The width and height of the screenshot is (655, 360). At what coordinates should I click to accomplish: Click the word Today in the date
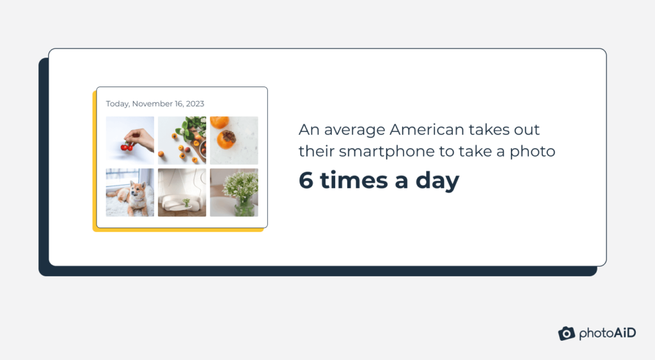117,104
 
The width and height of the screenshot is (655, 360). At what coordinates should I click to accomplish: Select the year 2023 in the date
195,104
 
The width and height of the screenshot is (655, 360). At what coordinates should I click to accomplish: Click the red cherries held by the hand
127,146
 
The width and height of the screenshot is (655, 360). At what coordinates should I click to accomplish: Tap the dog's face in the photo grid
136,190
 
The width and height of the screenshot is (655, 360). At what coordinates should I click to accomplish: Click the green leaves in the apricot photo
189,128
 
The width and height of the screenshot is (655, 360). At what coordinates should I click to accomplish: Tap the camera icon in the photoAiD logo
566,333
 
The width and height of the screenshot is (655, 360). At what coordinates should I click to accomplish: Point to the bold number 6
306,181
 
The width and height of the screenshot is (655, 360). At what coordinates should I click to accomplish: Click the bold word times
353,181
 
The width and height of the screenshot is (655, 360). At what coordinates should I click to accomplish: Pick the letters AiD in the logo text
622,333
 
